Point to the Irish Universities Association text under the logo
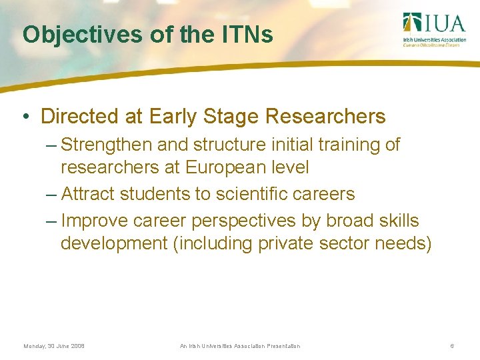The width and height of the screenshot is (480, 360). pyautogui.click(x=435, y=39)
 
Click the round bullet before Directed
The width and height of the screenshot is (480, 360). pyautogui.click(x=25, y=117)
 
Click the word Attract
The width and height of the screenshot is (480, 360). pyautogui.click(x=85, y=194)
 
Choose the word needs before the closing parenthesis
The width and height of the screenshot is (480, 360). pyautogui.click(x=399, y=243)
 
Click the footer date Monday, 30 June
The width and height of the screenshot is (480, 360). pyautogui.click(x=54, y=346)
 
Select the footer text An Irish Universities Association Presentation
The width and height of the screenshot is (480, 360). pyautogui.click(x=240, y=346)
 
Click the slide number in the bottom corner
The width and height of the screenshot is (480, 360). pyautogui.click(x=452, y=346)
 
